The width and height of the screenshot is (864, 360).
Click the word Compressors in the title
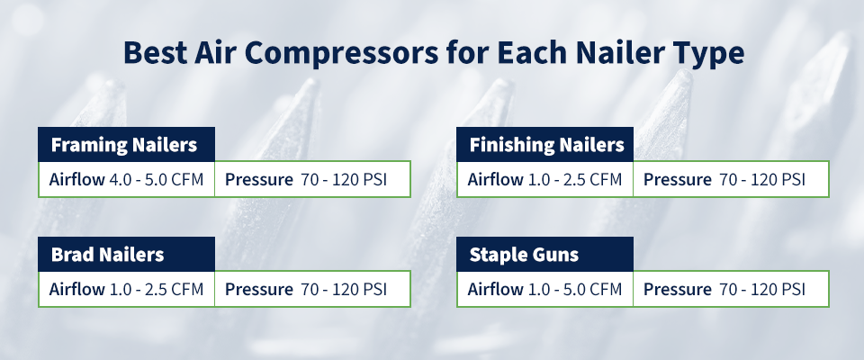click(323, 52)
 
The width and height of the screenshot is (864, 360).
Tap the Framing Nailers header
click(123, 145)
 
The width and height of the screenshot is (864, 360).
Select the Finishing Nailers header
click(546, 145)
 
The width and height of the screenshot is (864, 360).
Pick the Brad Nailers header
click(107, 255)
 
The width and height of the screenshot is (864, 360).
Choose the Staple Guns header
click(524, 255)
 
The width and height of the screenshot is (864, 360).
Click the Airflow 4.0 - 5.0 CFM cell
click(126, 179)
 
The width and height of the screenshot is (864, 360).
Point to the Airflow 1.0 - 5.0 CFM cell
click(545, 289)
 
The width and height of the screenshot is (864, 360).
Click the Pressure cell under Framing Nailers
click(312, 179)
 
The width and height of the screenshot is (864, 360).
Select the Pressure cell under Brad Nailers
click(312, 289)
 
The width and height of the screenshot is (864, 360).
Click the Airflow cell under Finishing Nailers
click(545, 179)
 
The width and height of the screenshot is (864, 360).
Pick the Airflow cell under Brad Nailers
click(126, 289)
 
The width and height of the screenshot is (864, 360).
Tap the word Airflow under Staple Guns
click(496, 289)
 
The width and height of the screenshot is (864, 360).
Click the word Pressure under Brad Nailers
click(259, 289)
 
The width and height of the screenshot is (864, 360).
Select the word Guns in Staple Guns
click(555, 255)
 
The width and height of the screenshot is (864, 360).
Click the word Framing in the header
click(85, 145)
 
